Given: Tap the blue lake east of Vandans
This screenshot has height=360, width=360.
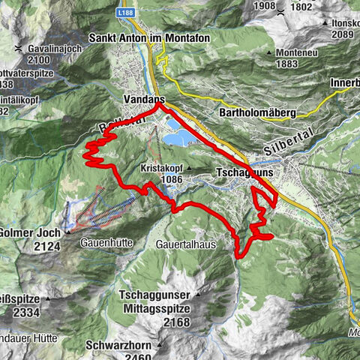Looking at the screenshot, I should [181, 137].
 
